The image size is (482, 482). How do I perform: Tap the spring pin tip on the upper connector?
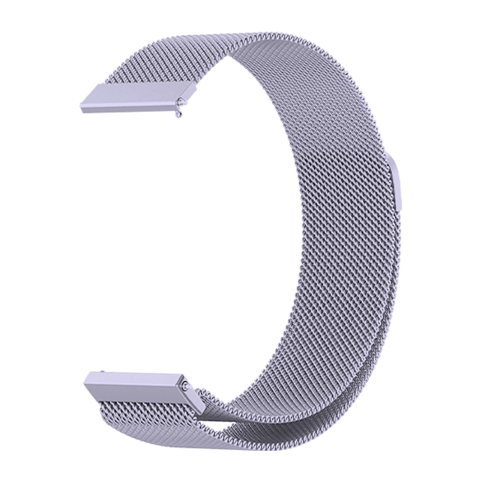[x=182, y=102]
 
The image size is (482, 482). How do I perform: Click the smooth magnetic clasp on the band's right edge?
[x=397, y=183]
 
